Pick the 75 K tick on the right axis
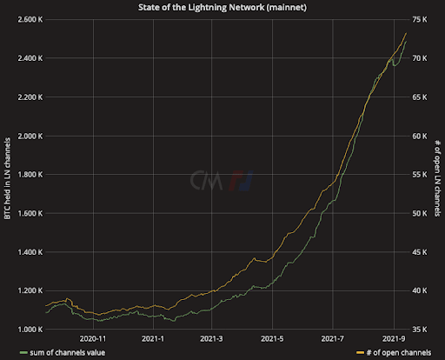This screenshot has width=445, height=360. (421, 19)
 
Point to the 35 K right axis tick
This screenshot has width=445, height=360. (421, 330)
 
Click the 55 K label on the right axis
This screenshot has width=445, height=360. (421, 175)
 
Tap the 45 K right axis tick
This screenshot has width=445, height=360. (421, 252)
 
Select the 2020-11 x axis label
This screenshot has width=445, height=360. (93, 339)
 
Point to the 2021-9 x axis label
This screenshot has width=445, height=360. (394, 339)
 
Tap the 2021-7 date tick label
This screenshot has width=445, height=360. (334, 339)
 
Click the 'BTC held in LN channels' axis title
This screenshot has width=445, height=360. (8, 175)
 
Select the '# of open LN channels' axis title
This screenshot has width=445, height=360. (437, 175)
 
